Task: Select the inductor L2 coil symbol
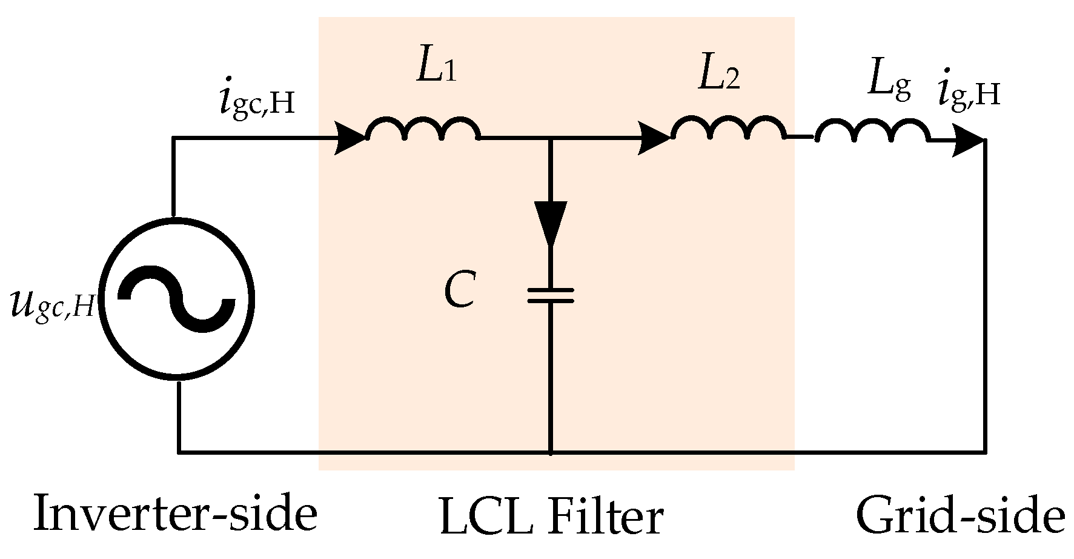pyautogui.click(x=729, y=129)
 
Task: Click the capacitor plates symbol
pyautogui.click(x=550, y=295)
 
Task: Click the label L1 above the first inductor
pyautogui.click(x=436, y=68)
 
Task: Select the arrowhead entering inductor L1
pyautogui.click(x=350, y=139)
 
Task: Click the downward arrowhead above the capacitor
pyautogui.click(x=551, y=223)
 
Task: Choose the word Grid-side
pyautogui.click(x=960, y=517)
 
